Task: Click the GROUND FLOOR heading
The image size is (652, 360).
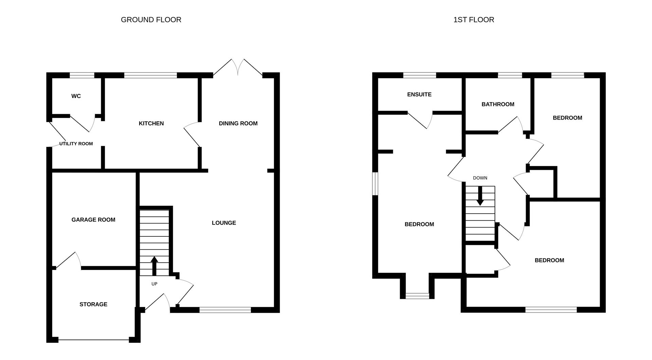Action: (x=151, y=20)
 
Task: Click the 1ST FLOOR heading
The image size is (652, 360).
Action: (x=473, y=20)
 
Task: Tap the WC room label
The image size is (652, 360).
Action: (x=76, y=96)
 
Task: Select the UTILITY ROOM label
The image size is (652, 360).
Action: (x=76, y=144)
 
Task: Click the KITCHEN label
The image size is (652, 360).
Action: (x=151, y=123)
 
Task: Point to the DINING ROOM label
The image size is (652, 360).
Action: (x=238, y=123)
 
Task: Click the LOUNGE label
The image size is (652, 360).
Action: (x=224, y=223)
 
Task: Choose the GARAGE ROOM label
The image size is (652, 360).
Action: (x=93, y=220)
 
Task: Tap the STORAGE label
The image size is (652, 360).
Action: (x=93, y=304)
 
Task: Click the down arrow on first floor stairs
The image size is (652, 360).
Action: (x=480, y=196)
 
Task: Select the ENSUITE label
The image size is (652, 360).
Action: (x=419, y=94)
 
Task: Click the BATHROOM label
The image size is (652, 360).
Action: (x=498, y=104)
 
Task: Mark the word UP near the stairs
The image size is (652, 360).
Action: (x=154, y=284)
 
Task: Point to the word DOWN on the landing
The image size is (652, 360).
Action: (x=480, y=178)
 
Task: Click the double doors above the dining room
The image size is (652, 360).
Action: (x=238, y=67)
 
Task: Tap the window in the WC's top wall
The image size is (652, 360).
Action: (x=82, y=75)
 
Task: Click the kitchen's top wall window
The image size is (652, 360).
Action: (x=150, y=75)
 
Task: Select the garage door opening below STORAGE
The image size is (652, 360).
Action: (x=93, y=339)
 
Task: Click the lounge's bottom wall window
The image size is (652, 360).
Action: (x=225, y=309)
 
